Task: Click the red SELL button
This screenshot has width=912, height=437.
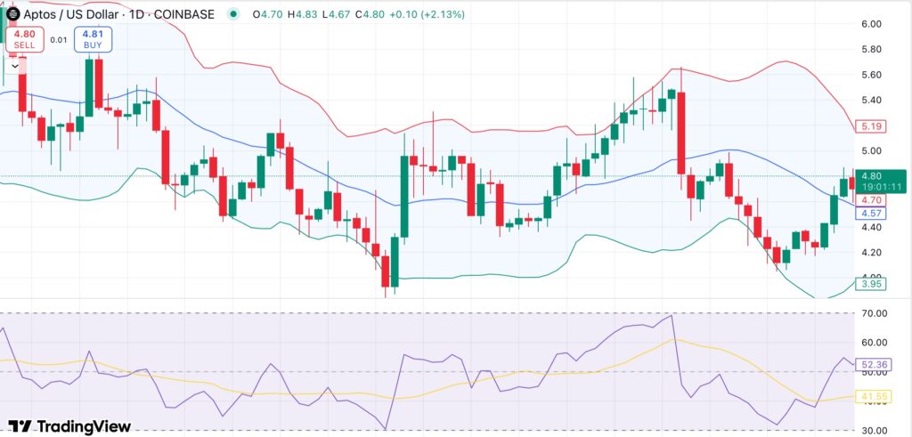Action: coord(25,39)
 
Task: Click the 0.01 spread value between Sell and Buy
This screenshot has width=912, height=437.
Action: coord(59,39)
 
